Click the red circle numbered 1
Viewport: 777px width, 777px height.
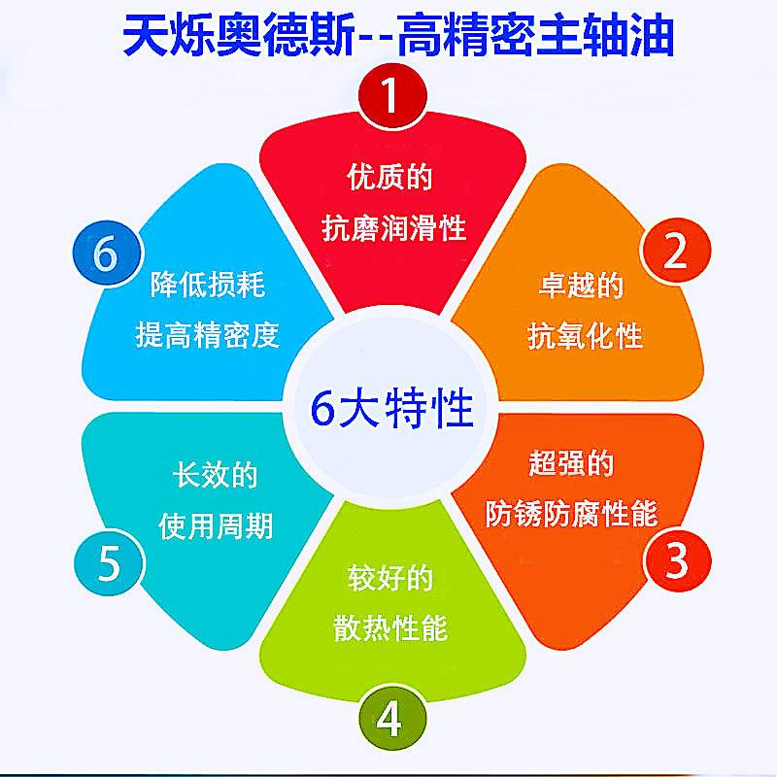[392, 95]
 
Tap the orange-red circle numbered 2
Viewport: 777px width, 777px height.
[676, 251]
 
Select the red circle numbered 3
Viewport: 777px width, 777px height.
[677, 561]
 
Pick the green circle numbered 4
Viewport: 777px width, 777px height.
[392, 718]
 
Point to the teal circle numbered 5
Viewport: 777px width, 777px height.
[109, 562]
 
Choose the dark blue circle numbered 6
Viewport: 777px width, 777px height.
[107, 253]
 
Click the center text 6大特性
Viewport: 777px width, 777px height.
[392, 409]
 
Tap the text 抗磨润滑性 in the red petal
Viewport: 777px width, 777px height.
[394, 228]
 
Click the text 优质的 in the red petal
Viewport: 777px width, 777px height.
[389, 177]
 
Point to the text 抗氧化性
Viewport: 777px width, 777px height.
[585, 336]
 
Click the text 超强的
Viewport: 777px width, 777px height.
[571, 463]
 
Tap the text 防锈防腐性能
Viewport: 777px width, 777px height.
[571, 514]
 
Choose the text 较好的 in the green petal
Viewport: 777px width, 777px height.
[390, 578]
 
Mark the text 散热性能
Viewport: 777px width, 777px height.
[390, 627]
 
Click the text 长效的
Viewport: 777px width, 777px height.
[215, 474]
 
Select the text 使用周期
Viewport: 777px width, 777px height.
[216, 525]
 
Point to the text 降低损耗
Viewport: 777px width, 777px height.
[208, 284]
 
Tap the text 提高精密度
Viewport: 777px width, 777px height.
[208, 334]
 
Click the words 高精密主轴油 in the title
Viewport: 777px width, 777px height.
[536, 35]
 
